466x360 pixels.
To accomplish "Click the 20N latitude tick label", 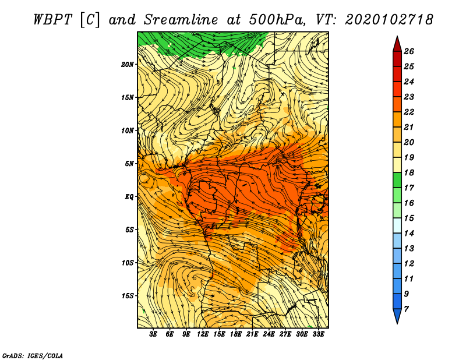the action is pyautogui.click(x=127, y=65).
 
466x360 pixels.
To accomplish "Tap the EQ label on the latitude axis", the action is pyautogui.click(x=129, y=197).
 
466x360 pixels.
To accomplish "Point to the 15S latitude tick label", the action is pyautogui.click(x=127, y=296).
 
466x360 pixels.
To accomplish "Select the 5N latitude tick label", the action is pyautogui.click(x=129, y=164).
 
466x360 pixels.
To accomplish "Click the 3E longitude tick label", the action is pyautogui.click(x=153, y=334).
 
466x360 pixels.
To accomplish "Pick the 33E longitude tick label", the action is pyautogui.click(x=318, y=334).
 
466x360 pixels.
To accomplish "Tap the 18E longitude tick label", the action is pyautogui.click(x=236, y=334).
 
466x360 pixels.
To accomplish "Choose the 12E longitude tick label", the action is pyautogui.click(x=203, y=334).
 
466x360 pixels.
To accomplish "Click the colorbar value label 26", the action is pyautogui.click(x=409, y=51).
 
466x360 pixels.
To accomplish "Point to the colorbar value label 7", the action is pyautogui.click(x=406, y=309).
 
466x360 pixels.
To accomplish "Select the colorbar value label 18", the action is pyautogui.click(x=409, y=172).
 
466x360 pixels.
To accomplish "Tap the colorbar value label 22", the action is pyautogui.click(x=409, y=112).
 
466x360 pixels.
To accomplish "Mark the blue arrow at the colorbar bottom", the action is pyautogui.click(x=397, y=315).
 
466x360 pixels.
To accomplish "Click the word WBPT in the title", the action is pyautogui.click(x=53, y=20).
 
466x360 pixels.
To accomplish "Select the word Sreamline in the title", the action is pyautogui.click(x=181, y=20).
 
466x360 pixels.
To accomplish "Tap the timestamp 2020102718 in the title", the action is pyautogui.click(x=389, y=20).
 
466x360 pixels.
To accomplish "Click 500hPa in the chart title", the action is pyautogui.click(x=277, y=20).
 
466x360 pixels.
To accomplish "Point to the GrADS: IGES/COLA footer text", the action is pyautogui.click(x=33, y=356).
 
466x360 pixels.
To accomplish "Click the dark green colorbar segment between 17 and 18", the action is pyautogui.click(x=397, y=180).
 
